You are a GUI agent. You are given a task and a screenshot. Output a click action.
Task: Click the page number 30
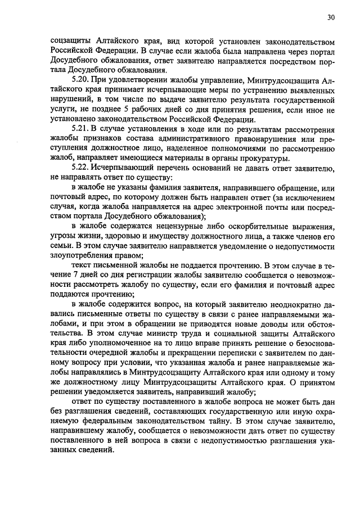tap(331, 17)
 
